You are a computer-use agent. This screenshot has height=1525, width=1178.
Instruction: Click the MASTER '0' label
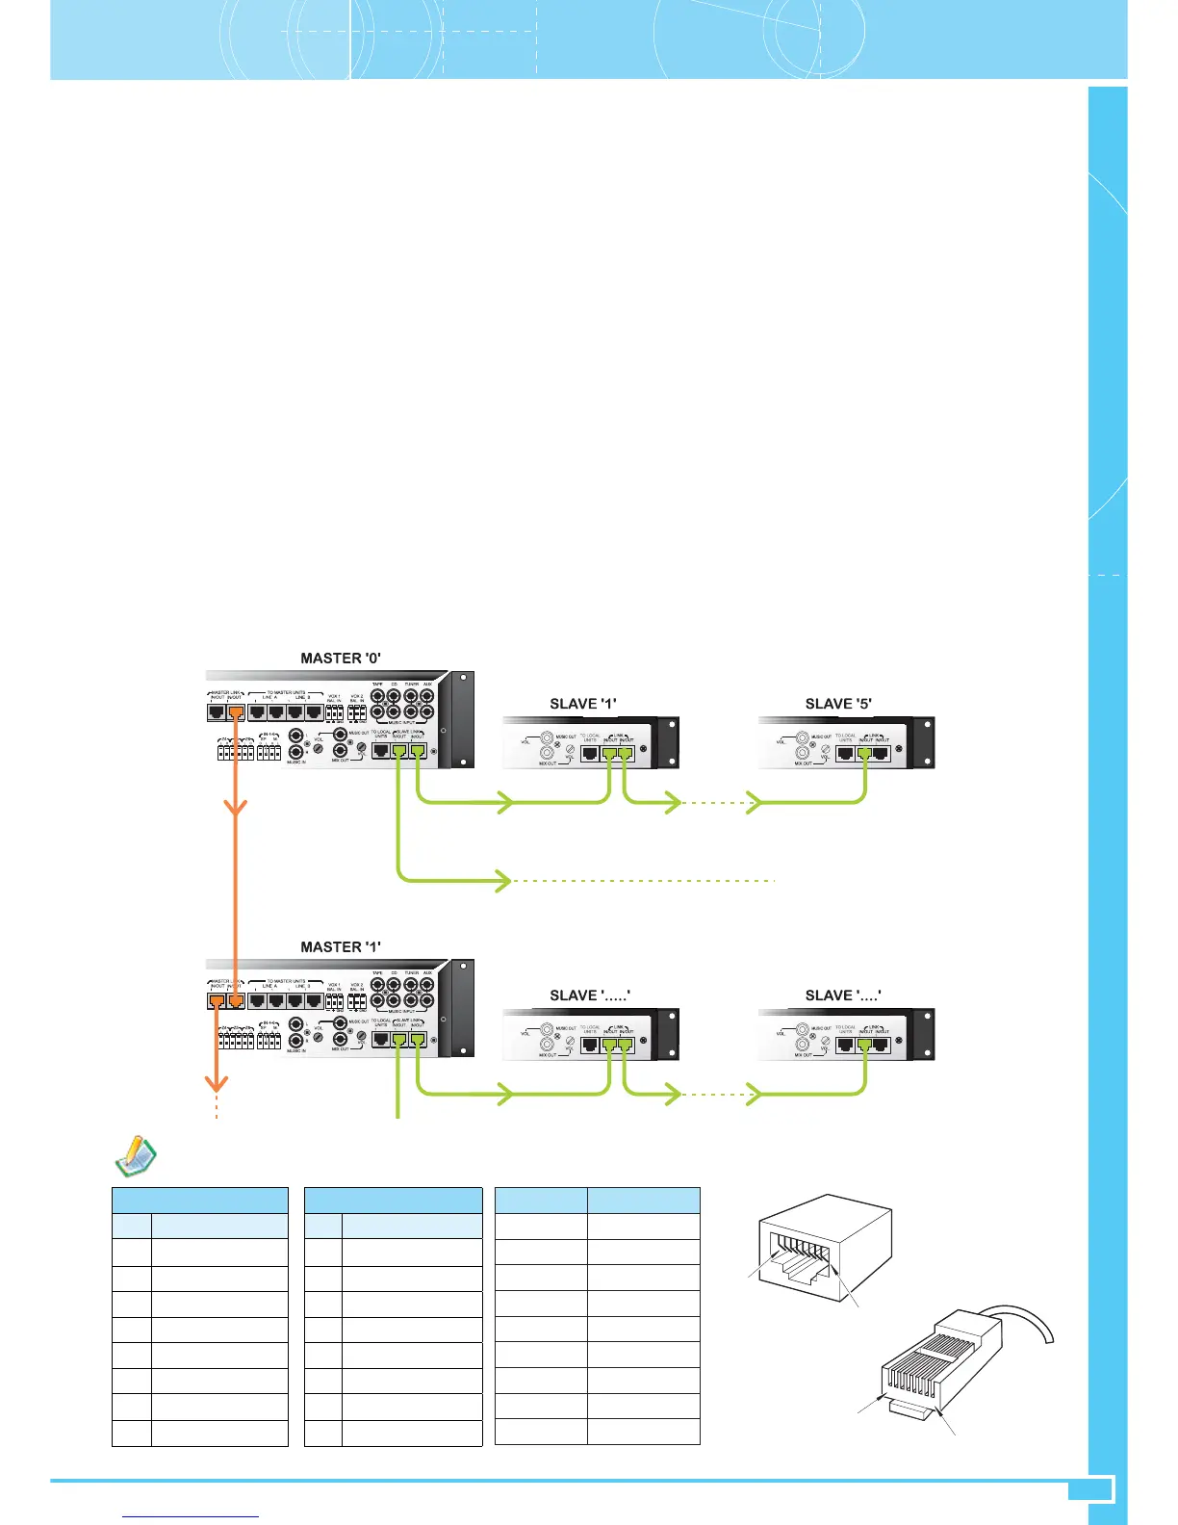[341, 659]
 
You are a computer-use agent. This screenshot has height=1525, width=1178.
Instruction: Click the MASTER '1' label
[341, 947]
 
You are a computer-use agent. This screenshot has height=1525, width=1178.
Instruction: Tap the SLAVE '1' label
[583, 704]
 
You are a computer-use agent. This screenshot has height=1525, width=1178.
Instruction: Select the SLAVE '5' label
[838, 704]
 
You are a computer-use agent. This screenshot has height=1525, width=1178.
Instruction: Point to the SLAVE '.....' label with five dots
[590, 995]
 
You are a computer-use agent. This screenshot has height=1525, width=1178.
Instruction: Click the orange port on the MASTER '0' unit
[235, 713]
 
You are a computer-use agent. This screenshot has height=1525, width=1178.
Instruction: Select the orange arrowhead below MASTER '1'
[218, 1083]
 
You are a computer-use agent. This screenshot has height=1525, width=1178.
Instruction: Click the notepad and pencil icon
[136, 1156]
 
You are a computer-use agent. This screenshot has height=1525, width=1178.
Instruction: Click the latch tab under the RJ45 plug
[914, 1409]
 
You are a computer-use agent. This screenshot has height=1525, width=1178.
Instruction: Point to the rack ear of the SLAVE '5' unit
[923, 742]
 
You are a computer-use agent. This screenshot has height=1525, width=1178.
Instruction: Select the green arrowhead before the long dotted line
[503, 880]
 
